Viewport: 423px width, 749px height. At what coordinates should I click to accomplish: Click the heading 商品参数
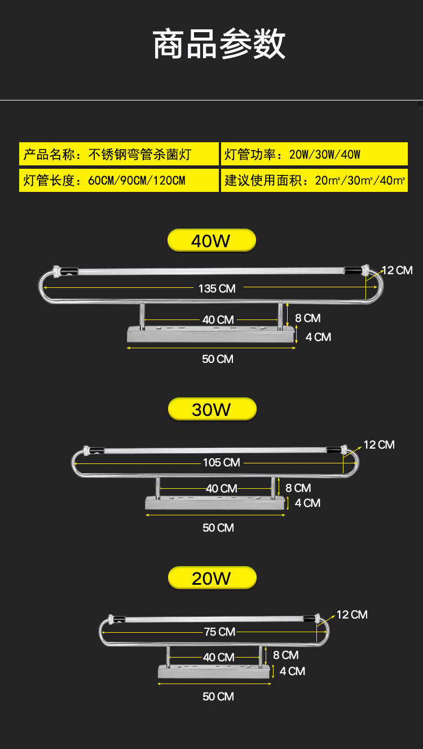point(219,45)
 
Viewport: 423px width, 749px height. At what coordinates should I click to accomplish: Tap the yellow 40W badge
point(211,240)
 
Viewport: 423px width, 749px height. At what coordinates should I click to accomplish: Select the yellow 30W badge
point(212,409)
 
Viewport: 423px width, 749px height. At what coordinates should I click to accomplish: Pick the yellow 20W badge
point(212,578)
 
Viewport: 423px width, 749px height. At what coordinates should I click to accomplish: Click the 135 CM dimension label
point(217,288)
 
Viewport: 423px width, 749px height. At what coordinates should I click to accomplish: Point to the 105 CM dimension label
point(221,462)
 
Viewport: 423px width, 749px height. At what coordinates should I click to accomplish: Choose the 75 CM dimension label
point(219,632)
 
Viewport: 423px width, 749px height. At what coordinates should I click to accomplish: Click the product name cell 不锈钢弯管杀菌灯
point(119,154)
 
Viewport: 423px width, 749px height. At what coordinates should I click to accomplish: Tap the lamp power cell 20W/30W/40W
point(314,154)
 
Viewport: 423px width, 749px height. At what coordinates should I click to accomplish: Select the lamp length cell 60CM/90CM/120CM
point(119,181)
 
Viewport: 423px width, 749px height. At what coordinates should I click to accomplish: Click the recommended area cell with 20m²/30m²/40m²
point(314,181)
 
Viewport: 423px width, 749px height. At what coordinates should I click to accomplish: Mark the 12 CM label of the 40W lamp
point(397,270)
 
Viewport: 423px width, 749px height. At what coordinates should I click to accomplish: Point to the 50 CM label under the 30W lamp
point(218,528)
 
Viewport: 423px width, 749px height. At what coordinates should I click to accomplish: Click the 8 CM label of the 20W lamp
point(286,655)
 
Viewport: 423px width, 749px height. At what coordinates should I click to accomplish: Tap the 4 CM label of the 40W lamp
point(318,337)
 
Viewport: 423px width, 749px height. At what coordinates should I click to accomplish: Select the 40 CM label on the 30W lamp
point(221,488)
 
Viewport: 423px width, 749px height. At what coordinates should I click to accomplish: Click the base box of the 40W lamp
point(211,334)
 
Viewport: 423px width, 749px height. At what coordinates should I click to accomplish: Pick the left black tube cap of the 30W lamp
point(96,450)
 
